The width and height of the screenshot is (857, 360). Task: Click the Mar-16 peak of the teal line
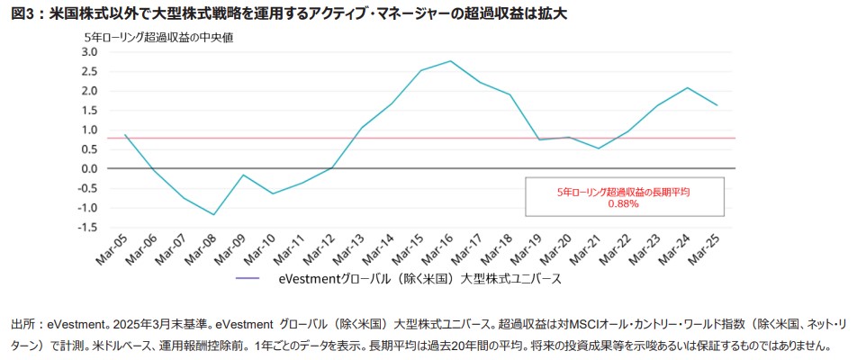coord(450,61)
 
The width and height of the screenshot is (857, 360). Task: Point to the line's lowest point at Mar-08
coord(214,214)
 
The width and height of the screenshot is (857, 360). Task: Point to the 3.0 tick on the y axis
coord(88,51)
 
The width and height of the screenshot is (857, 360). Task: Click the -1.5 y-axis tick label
coord(86,227)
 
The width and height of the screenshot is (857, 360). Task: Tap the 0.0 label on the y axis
coord(88,168)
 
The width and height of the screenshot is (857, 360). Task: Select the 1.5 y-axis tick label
coord(88,110)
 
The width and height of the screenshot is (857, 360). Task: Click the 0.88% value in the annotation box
coord(623,204)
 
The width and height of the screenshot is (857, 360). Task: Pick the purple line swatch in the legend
coord(247,279)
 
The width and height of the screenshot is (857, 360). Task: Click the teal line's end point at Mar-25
coord(717,105)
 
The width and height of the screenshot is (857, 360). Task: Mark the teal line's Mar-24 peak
coord(688,87)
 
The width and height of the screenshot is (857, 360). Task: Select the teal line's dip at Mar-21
coord(599,148)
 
